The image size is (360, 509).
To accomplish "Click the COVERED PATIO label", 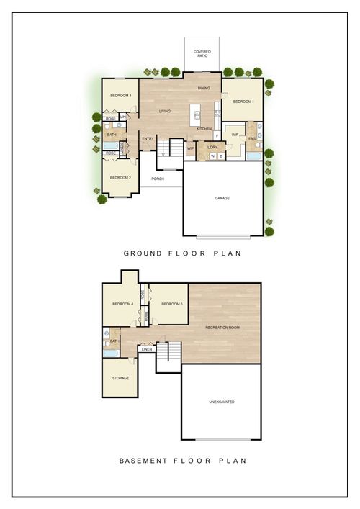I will click(202, 53).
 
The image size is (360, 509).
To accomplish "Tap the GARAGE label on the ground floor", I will click(222, 198).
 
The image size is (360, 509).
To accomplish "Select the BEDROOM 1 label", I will click(243, 102).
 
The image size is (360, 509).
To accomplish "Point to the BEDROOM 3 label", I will click(120, 96).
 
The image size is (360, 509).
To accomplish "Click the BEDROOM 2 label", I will click(120, 177).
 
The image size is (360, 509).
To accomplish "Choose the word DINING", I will click(204, 88).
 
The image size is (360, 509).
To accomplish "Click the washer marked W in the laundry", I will click(212, 156).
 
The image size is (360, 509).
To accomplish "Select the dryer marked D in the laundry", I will click(221, 156).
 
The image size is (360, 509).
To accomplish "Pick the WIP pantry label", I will click(191, 148).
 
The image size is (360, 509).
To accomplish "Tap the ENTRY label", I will click(148, 138).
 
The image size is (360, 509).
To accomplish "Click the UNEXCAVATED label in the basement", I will click(221, 402).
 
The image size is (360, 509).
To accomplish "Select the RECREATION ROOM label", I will click(222, 328).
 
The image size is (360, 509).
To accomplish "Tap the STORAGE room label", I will click(120, 378).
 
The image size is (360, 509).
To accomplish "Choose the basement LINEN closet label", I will click(148, 350).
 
